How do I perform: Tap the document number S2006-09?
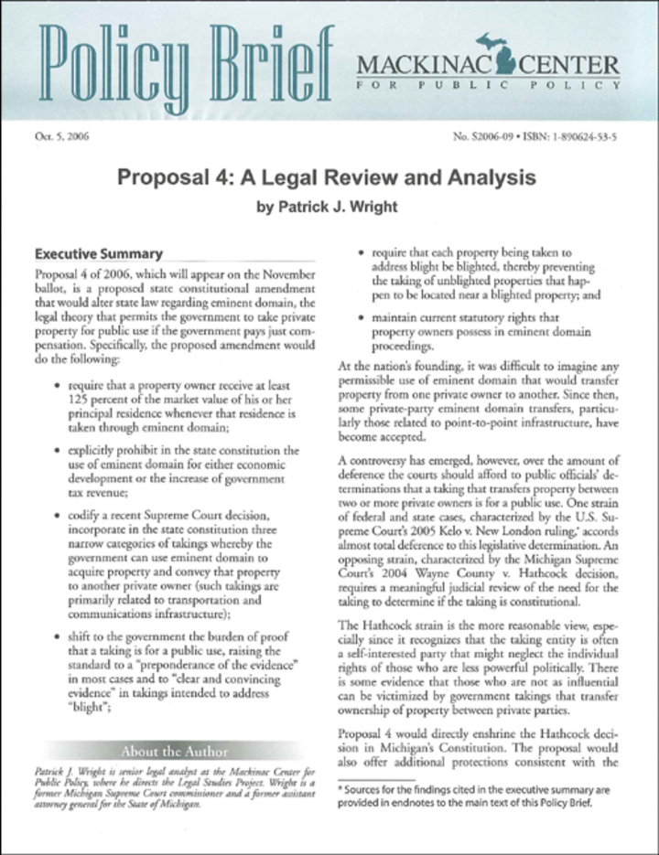click(x=492, y=136)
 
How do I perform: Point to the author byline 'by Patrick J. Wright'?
click(x=329, y=208)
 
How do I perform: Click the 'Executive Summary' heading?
click(x=98, y=254)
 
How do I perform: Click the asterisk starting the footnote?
click(x=340, y=788)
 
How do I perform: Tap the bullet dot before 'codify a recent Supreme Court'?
click(x=59, y=517)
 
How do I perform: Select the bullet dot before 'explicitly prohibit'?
click(x=59, y=452)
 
